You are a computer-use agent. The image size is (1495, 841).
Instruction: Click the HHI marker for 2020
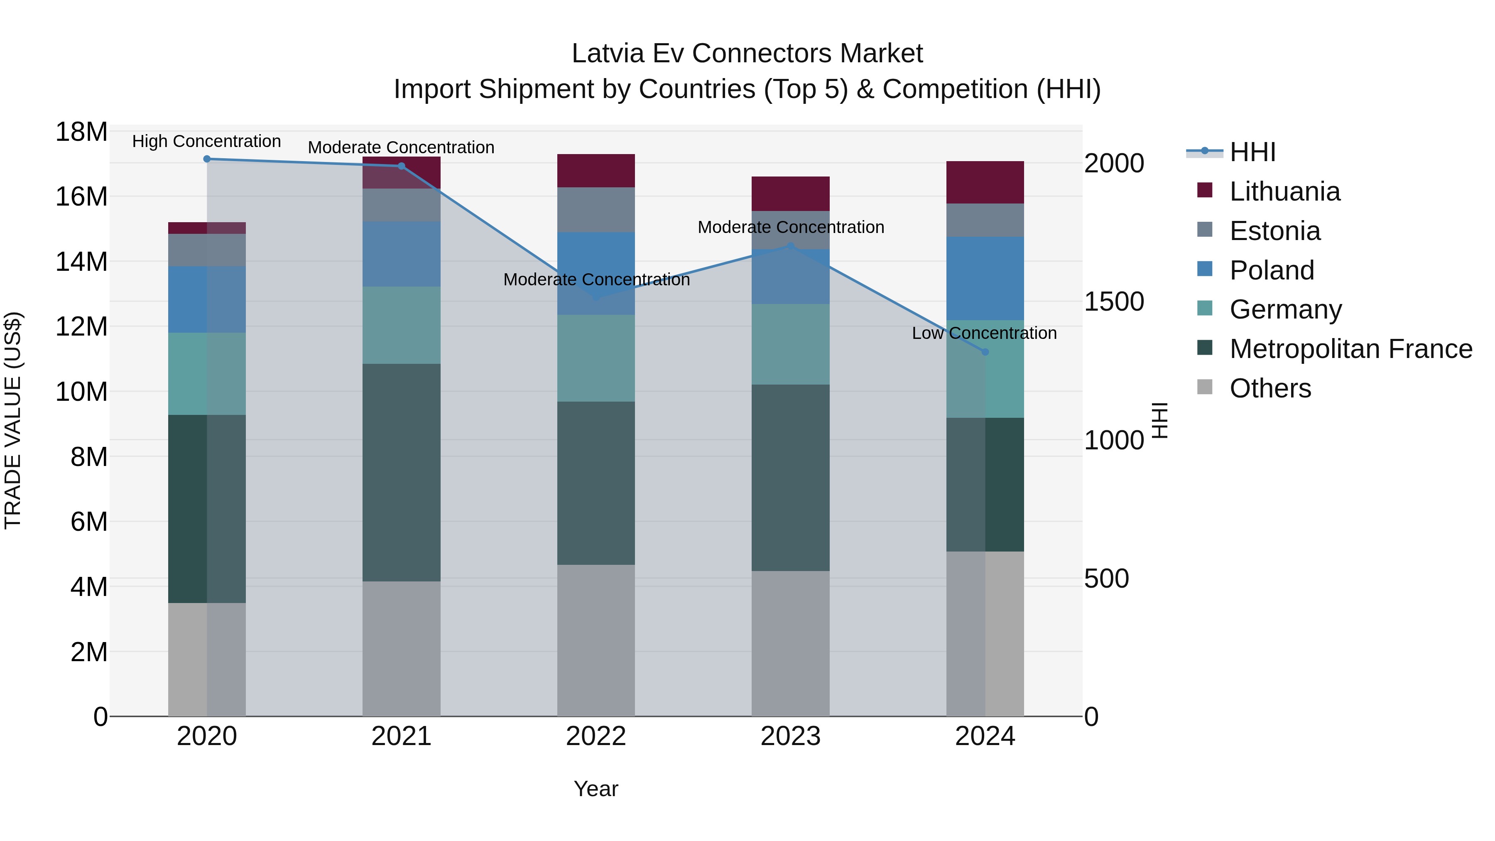(x=207, y=159)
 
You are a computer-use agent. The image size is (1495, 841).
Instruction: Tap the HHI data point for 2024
(x=985, y=352)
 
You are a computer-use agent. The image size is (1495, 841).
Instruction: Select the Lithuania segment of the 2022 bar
(x=596, y=171)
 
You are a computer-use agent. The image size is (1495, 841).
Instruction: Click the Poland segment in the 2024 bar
(x=985, y=279)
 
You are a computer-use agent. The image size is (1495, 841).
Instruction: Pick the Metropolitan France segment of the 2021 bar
(x=401, y=473)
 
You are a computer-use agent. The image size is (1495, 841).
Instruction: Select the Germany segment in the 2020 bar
(x=207, y=374)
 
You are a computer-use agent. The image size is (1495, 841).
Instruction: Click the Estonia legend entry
(x=1274, y=231)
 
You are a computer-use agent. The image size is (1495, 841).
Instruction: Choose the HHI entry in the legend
(x=1252, y=152)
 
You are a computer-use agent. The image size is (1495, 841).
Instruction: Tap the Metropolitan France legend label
(x=1350, y=349)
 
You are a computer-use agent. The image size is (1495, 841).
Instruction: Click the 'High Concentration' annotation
(x=207, y=141)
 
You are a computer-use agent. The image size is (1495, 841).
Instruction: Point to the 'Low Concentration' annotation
(x=984, y=333)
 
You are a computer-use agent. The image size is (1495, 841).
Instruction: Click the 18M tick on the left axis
(x=81, y=132)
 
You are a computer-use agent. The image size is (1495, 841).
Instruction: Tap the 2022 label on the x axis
(x=596, y=736)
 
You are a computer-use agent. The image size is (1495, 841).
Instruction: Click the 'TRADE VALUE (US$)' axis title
(x=13, y=420)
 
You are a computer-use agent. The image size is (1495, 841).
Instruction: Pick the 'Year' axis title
(x=596, y=789)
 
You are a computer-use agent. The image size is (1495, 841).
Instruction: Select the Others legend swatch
(x=1205, y=387)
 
